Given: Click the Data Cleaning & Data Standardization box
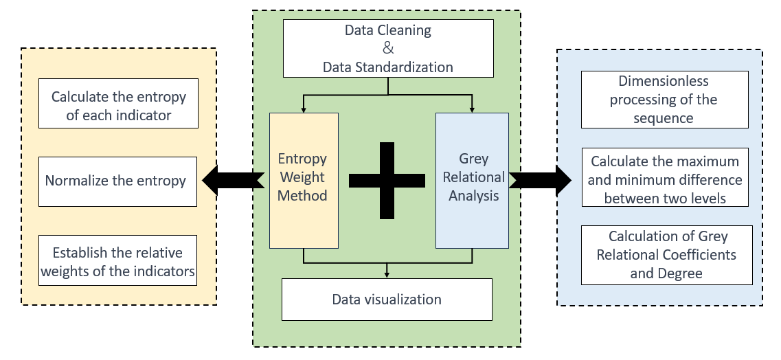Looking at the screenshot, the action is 388,48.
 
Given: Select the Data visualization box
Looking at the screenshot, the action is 387,300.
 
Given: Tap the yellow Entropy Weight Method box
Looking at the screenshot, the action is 304,180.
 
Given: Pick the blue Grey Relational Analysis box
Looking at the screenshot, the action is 472,180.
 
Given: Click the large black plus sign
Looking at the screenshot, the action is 387,181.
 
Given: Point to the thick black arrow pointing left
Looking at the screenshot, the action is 233,180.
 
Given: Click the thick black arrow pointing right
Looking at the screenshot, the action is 540,180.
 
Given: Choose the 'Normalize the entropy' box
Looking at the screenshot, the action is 117,181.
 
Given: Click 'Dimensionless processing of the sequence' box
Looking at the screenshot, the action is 664,99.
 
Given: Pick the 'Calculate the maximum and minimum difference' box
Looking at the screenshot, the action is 665,177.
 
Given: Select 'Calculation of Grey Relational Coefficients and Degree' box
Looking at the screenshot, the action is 666,255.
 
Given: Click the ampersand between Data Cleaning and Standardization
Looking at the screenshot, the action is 388,48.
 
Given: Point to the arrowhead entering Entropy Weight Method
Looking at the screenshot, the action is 304,109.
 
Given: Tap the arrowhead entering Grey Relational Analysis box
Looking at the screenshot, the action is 472,109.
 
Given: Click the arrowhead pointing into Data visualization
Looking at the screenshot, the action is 387,275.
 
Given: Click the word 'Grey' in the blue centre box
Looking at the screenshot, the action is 474,159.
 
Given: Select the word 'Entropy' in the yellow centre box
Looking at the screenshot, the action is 302,159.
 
